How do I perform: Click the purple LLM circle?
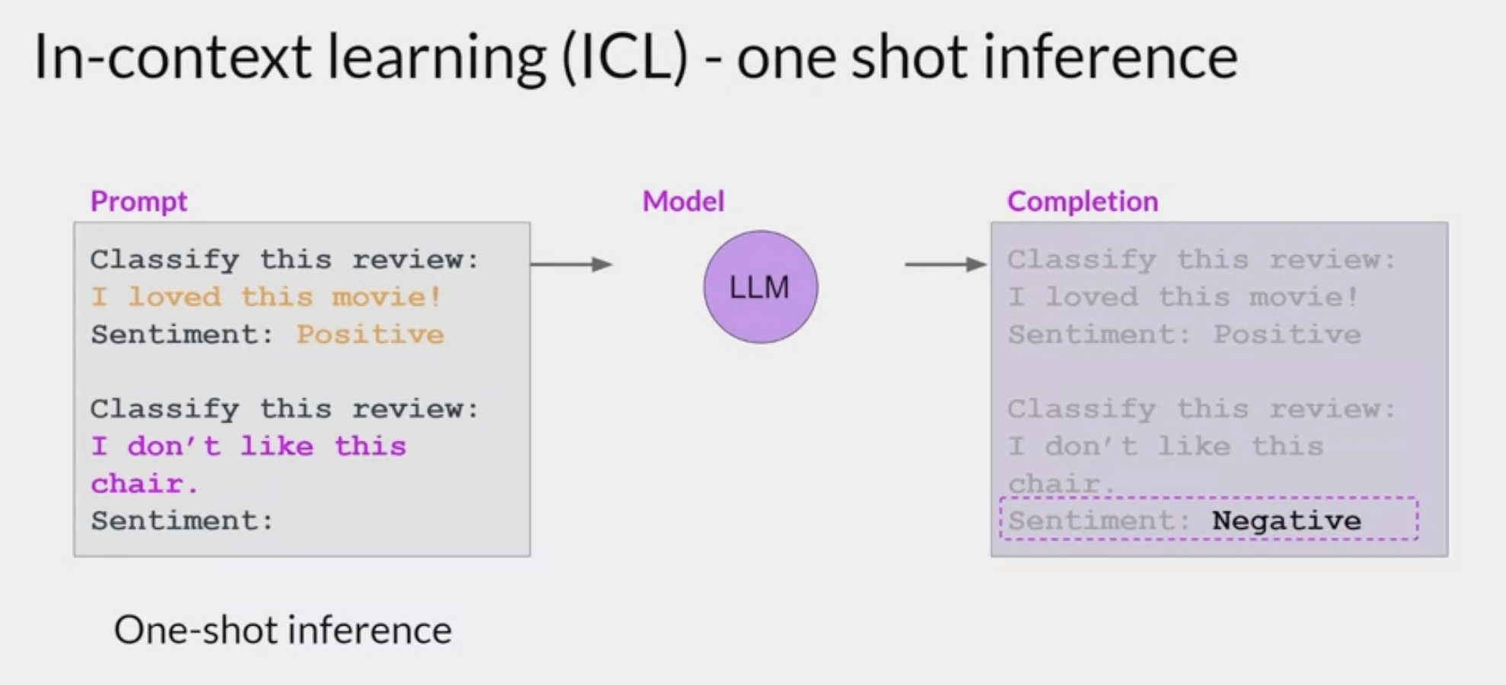(760, 287)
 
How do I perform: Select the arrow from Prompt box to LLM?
(571, 264)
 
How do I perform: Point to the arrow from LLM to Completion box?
(945, 264)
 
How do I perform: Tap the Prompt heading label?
(139, 202)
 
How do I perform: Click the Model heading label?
(683, 202)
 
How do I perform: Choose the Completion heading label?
(1082, 202)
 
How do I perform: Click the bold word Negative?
(1286, 521)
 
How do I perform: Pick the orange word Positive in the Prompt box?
(370, 334)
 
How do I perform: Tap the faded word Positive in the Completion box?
(1287, 334)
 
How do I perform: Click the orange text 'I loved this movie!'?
(266, 297)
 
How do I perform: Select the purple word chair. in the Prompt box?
(145, 483)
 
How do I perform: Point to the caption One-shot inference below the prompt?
(282, 630)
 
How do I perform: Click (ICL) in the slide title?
(624, 57)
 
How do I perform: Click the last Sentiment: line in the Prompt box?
(182, 521)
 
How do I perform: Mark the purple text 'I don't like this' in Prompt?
(248, 446)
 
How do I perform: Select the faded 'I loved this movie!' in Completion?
(1183, 297)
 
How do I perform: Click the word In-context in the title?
(172, 57)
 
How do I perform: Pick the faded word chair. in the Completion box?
(1061, 483)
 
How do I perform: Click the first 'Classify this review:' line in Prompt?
(285, 260)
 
